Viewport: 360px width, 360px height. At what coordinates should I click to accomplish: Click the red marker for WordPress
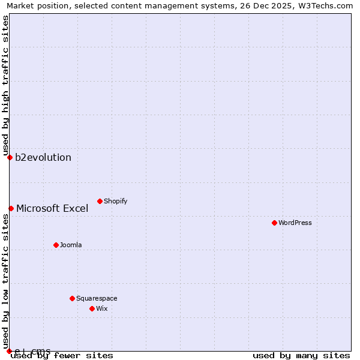pos(274,223)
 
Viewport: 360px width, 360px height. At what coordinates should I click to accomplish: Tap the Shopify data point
pos(100,201)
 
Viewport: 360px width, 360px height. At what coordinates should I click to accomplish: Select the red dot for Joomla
pos(56,245)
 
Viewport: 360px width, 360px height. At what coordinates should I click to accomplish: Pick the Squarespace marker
pos(72,298)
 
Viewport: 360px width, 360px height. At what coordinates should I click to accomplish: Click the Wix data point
pos(92,308)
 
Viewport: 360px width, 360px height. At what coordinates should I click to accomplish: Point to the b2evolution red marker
pos(10,157)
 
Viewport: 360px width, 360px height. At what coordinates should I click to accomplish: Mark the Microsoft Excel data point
pos(11,208)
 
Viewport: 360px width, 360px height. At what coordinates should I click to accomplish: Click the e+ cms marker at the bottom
pos(9,351)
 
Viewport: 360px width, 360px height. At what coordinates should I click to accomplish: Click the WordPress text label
pos(295,223)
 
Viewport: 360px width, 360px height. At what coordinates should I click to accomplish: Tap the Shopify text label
pos(116,201)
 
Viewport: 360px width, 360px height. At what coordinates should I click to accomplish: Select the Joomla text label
pos(71,245)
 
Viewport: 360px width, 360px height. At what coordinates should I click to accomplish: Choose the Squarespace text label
pos(97,298)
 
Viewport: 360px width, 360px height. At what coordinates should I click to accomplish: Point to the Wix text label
pos(102,308)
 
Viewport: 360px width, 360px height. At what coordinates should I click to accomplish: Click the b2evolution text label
pos(43,158)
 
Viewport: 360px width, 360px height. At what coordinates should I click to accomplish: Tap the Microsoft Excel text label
pos(52,209)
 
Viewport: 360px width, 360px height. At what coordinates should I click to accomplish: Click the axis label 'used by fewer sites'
pos(62,355)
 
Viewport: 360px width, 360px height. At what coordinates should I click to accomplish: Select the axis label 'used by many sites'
pos(301,355)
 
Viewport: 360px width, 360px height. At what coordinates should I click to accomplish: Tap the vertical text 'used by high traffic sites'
pos(5,86)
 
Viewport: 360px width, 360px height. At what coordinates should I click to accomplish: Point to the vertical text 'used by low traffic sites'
pos(5,277)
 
